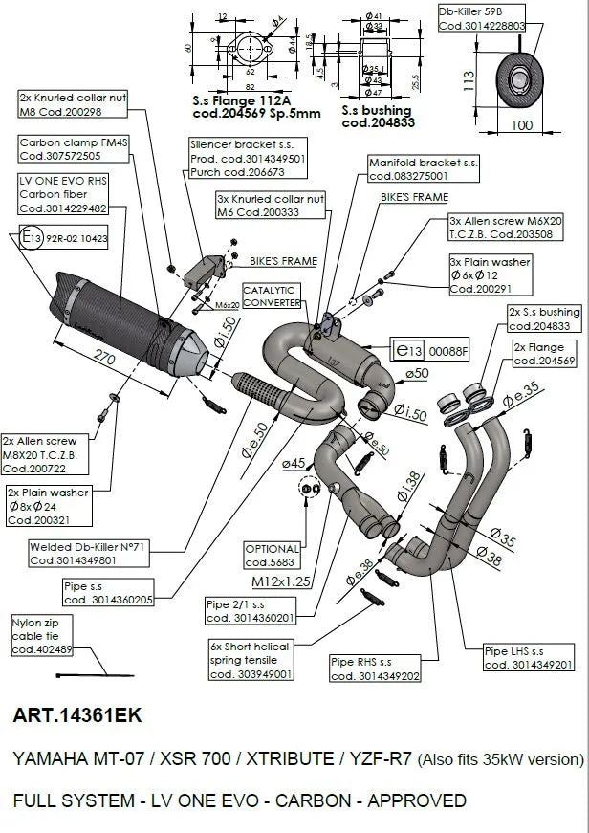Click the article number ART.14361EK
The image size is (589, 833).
[77, 714]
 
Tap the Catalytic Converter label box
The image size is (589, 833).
[270, 296]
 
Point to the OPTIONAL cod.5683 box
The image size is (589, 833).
[273, 556]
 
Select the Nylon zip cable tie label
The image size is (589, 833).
[37, 636]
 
